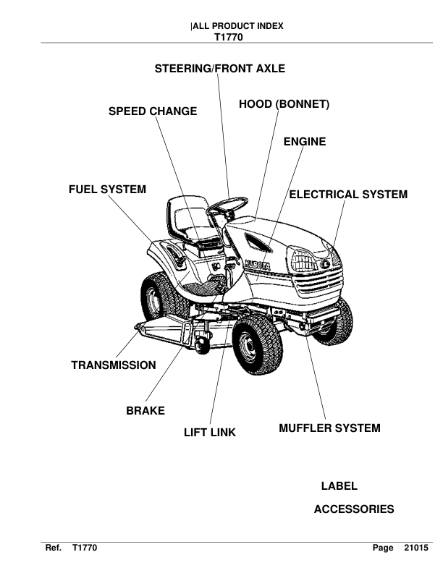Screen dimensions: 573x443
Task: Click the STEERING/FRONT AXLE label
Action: click(220, 69)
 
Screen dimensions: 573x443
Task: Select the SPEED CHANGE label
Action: click(153, 111)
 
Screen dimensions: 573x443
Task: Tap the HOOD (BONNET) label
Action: click(284, 105)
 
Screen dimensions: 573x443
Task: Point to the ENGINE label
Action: click(304, 142)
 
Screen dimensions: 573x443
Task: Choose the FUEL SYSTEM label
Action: click(107, 190)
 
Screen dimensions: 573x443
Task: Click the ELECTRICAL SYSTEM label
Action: click(348, 195)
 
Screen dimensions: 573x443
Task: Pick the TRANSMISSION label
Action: click(114, 365)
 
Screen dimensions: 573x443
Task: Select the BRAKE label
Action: click(145, 411)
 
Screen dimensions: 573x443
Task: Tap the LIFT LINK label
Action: click(210, 433)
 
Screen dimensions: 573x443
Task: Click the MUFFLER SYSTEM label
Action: click(329, 428)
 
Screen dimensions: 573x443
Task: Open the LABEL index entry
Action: click(339, 486)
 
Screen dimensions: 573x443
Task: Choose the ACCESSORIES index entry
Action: click(354, 509)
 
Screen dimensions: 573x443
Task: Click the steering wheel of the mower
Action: click(227, 208)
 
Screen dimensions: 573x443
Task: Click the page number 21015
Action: click(416, 550)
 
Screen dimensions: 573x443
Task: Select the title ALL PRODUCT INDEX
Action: click(237, 26)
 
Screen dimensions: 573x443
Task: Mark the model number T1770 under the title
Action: click(229, 36)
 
